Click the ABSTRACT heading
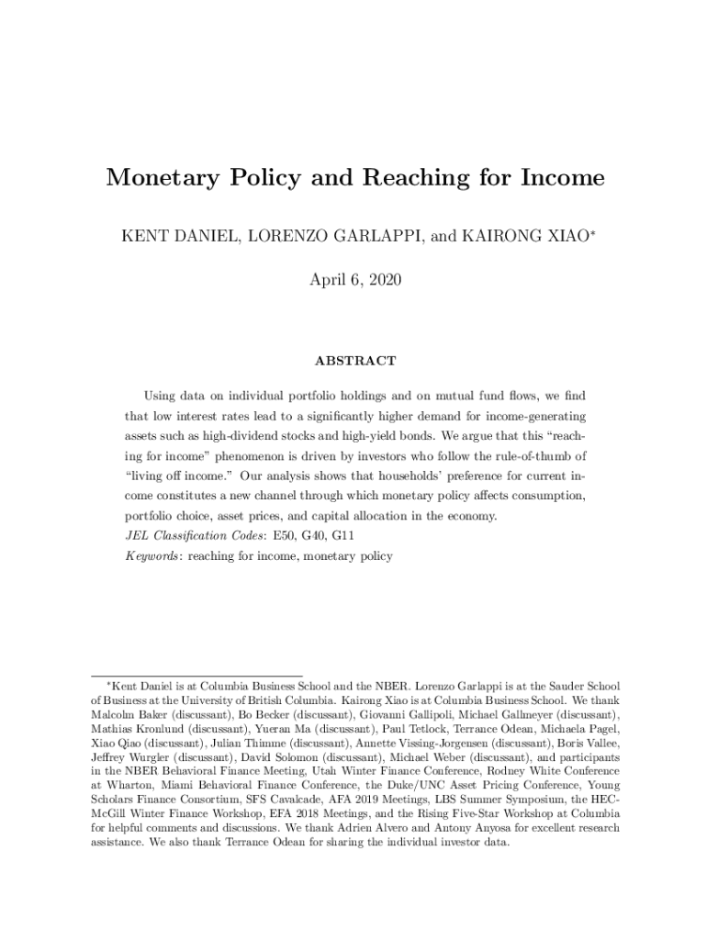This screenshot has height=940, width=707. pyautogui.click(x=354, y=361)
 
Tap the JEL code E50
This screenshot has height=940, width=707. pyautogui.click(x=274, y=536)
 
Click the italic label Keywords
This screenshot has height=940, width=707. pyautogui.click(x=151, y=556)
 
